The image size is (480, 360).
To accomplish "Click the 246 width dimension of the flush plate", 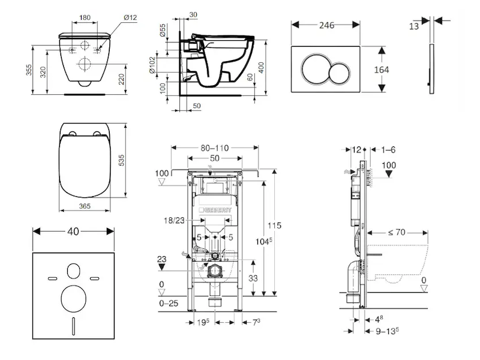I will (x=326, y=25).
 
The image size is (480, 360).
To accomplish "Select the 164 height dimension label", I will (x=381, y=70).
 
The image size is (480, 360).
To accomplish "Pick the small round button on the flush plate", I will (x=339, y=70).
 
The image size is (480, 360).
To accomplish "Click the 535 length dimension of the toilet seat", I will (x=137, y=160).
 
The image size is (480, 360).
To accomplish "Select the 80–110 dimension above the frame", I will (x=214, y=148).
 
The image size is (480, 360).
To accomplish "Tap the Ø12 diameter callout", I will (x=130, y=17).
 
